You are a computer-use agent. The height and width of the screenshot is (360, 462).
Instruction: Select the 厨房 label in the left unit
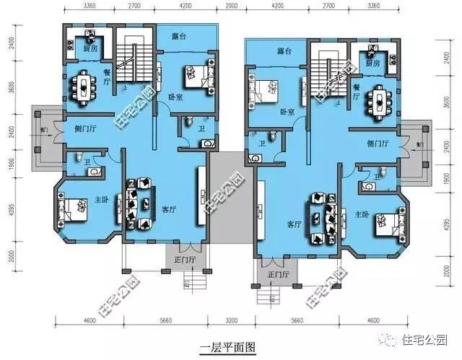pos(90,49)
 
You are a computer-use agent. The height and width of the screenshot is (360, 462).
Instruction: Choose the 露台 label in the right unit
pos(284,52)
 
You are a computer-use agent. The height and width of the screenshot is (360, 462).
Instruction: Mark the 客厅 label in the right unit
pos(294,224)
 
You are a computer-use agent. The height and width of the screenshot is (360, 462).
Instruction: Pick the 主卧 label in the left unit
pos(101,200)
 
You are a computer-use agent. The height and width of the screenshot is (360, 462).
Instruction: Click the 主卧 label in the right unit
pos(362,214)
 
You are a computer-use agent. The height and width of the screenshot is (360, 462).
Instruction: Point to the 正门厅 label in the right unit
pos(277,275)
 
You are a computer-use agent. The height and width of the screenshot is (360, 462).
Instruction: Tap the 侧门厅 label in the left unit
pos(86,129)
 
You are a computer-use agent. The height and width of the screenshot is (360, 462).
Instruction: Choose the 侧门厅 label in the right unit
pos(378,144)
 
